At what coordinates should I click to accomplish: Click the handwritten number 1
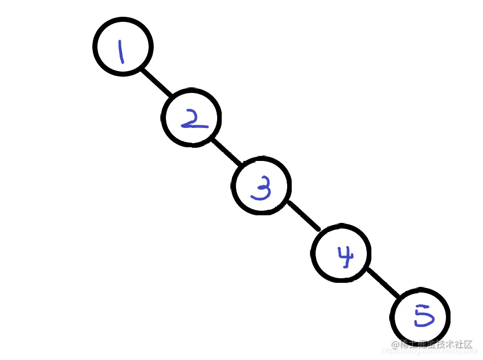point(121,52)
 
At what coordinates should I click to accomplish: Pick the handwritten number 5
point(423,317)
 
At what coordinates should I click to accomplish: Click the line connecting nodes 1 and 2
point(156,82)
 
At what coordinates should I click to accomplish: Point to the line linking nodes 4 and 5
point(383,282)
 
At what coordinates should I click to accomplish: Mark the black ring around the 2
point(163,118)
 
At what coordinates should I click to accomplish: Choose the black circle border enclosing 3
point(233,186)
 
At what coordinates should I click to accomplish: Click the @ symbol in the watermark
point(395,344)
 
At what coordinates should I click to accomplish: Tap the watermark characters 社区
point(465,344)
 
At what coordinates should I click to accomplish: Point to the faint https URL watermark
point(431,350)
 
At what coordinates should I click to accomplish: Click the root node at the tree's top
point(123,47)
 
